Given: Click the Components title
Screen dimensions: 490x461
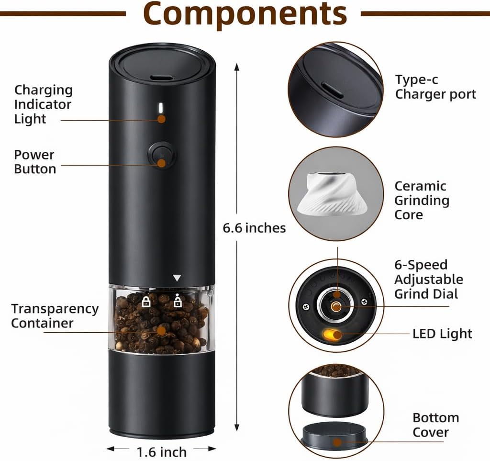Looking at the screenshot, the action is coord(245,14).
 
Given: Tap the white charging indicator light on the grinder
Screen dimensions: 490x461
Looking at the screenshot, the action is coord(161,108).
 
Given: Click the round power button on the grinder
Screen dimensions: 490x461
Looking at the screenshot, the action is coord(161,155).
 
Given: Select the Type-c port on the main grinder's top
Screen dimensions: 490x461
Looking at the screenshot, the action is coord(162,78).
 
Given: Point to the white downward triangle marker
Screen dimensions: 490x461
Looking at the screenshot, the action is coord(177,278).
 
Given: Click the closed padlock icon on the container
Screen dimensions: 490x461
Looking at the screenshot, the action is coord(146,302).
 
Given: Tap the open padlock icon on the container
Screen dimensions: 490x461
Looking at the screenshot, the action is coord(178,300).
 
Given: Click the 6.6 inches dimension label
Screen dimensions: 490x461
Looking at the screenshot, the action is coord(254,228).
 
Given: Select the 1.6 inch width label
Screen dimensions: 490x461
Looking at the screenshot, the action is coord(162,452).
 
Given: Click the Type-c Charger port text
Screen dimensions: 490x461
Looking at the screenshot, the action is coord(435,87).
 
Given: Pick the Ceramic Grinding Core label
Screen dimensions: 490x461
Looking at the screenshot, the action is coord(422,200).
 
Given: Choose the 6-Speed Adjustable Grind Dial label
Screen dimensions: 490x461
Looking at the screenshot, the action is coord(429,280).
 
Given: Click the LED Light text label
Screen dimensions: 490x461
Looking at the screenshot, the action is coord(442,334).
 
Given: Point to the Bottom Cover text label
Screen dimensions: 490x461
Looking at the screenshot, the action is coord(435,425).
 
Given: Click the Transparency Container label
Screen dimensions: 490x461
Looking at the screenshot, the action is coord(55,315).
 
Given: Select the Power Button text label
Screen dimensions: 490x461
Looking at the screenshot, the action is coord(35,162).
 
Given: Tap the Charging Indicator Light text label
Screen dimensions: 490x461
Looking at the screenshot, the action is coord(44,104).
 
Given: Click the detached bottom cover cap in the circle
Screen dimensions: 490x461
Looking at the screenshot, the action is coord(334,435).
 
